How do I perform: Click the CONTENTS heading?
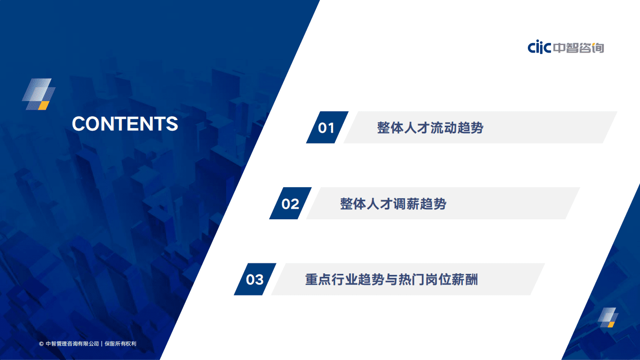(x=125, y=124)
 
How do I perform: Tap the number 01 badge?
(x=326, y=128)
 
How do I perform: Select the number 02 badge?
(x=290, y=204)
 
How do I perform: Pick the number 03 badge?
(x=255, y=279)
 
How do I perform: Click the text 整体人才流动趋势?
(x=430, y=128)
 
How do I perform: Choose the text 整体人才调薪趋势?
(x=393, y=204)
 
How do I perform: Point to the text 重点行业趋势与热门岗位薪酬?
(x=391, y=279)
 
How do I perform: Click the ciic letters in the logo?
(x=539, y=48)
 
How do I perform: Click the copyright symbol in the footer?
(x=41, y=344)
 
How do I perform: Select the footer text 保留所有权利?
(x=121, y=344)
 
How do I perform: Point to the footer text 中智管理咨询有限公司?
(x=72, y=344)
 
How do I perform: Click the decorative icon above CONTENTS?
(x=39, y=94)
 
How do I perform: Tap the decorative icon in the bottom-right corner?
(x=608, y=317)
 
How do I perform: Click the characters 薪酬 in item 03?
(x=465, y=279)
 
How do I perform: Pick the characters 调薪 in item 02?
(x=402, y=204)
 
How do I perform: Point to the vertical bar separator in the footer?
(x=102, y=344)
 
